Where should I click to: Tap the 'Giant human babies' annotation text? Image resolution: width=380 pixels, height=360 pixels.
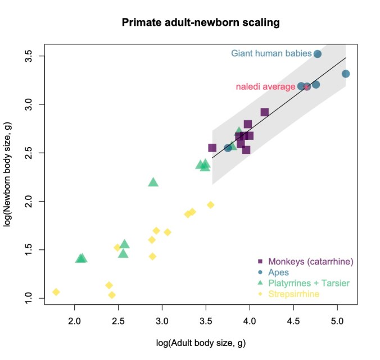tap(271, 54)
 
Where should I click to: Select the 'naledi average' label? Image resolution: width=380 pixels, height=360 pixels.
tap(265, 87)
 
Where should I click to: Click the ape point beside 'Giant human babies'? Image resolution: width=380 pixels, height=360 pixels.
tap(317, 54)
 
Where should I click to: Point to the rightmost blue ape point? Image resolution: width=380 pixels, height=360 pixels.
tap(346, 74)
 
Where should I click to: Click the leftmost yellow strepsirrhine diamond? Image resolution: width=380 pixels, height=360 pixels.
tap(56, 292)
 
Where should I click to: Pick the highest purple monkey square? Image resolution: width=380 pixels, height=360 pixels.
tap(265, 112)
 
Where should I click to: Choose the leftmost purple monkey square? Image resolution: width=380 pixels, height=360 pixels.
tap(212, 148)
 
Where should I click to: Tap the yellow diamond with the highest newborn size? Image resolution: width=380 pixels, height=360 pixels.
tap(211, 205)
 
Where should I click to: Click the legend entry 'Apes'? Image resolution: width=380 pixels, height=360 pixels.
tap(278, 272)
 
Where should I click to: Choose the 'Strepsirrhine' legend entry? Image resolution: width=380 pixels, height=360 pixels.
tap(293, 293)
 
